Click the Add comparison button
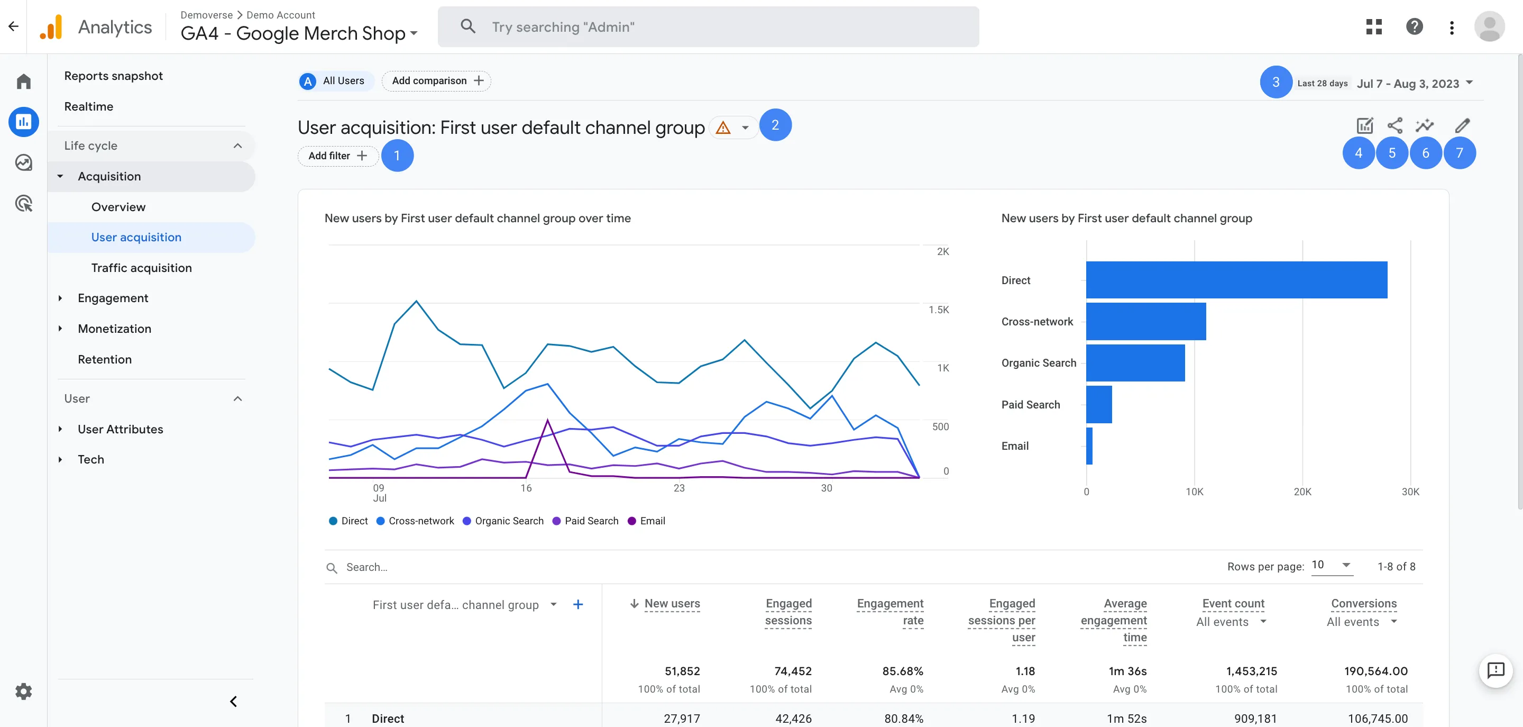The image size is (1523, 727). (436, 81)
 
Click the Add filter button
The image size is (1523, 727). (337, 156)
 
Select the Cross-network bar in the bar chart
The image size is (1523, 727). (1145, 321)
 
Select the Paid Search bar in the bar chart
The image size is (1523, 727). (1098, 405)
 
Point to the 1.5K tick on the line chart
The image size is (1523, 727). (938, 310)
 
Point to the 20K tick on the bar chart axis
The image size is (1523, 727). (1302, 492)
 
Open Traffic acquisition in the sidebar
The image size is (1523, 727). (141, 268)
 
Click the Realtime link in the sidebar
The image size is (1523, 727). (89, 106)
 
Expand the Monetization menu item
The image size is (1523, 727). (114, 329)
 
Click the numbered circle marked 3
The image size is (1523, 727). (1276, 82)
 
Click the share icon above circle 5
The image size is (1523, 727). (1394, 125)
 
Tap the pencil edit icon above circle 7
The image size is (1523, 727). (1462, 125)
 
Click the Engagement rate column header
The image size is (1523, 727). (890, 612)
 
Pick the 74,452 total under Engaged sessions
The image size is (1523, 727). (792, 671)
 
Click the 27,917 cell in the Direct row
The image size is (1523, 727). (681, 718)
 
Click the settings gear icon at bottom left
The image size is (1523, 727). (24, 691)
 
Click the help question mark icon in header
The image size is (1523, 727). (1414, 26)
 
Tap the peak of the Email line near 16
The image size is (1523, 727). (547, 420)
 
